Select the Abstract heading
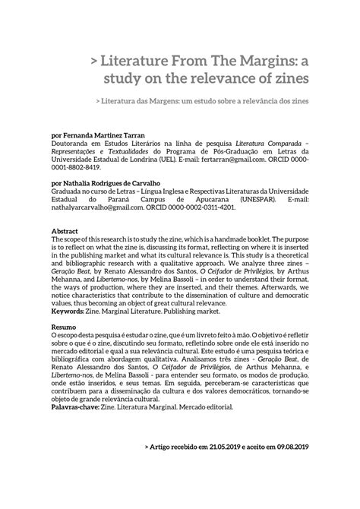(x=65, y=230)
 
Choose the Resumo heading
(x=64, y=325)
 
